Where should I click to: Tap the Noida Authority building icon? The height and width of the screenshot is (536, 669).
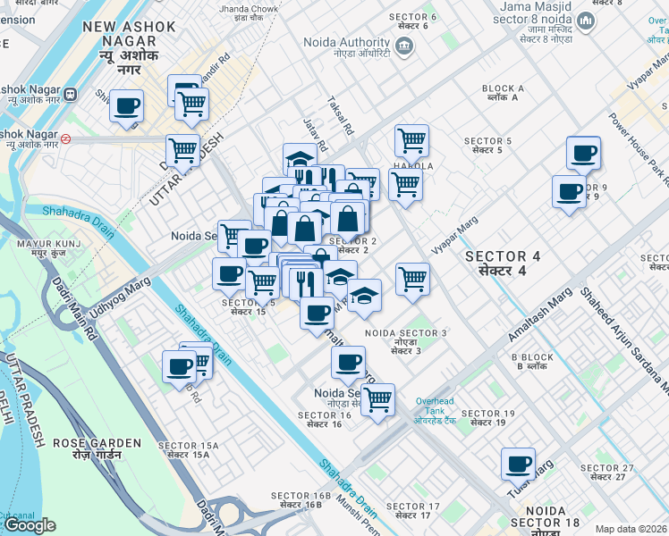(x=404, y=46)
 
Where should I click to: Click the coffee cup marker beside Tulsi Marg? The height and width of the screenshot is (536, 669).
(x=518, y=465)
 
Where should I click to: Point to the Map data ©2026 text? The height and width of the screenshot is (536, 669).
(x=631, y=529)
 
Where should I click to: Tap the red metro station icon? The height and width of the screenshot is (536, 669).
(x=66, y=139)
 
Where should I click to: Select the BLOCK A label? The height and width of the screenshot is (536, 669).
(x=503, y=94)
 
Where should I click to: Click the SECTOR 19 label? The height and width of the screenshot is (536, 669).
(x=489, y=417)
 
